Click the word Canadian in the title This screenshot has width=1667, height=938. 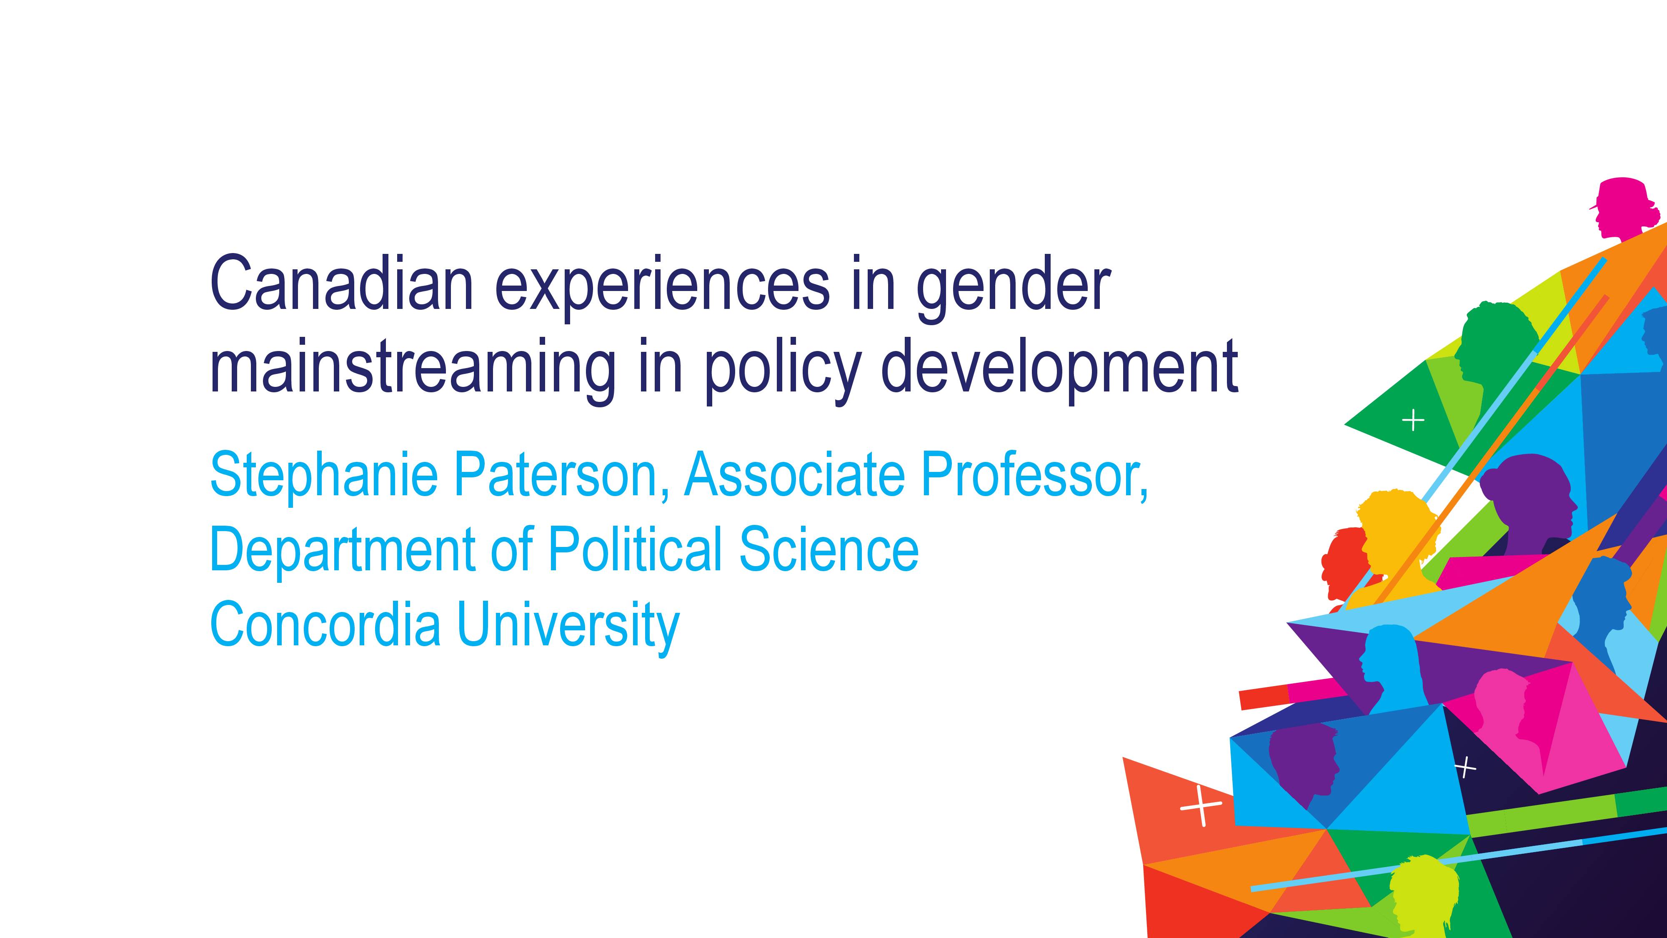342,283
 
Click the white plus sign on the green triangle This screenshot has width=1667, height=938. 1413,421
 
